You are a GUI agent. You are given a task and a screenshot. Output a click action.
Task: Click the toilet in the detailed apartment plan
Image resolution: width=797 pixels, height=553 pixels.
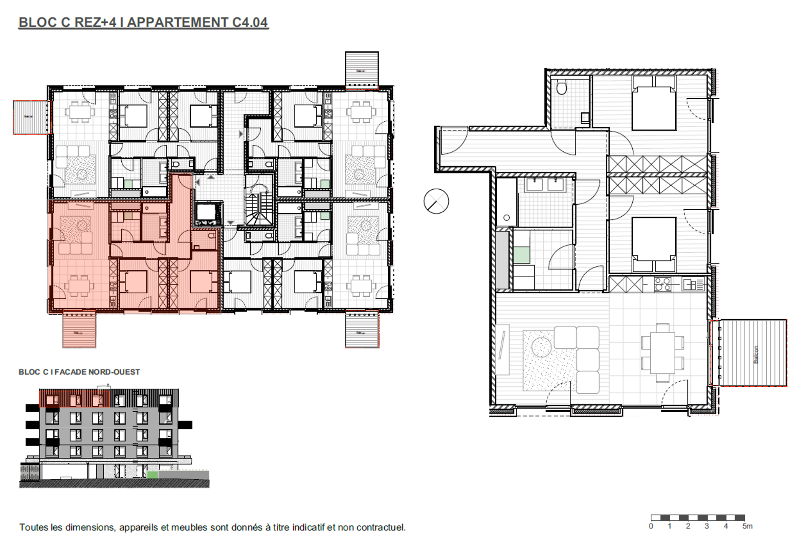tap(562, 88)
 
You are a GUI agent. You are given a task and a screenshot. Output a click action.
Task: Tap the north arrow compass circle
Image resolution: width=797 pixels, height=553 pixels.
tap(436, 201)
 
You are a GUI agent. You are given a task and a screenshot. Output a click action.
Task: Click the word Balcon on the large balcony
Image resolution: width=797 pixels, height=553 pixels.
tap(756, 354)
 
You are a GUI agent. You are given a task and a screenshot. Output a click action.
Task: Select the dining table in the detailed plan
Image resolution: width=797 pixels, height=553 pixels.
tap(662, 353)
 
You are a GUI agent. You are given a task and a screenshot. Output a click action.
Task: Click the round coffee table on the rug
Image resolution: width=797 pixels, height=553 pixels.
tap(541, 347)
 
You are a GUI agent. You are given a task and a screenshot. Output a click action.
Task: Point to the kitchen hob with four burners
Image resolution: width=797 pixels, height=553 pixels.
tap(662, 285)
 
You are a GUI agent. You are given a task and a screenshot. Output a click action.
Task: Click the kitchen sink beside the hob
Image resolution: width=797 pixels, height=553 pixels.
tap(693, 285)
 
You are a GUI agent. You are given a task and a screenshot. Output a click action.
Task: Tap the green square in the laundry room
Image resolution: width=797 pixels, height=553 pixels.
tap(522, 255)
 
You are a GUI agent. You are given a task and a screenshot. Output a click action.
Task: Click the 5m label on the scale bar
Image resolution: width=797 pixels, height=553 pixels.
tap(747, 526)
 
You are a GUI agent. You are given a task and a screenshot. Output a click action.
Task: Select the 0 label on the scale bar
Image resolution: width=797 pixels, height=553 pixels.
tap(651, 526)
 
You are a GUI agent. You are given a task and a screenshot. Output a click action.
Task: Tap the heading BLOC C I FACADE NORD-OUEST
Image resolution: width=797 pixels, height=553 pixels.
tap(79, 372)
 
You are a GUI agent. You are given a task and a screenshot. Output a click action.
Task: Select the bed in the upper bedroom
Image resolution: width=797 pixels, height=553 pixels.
tap(654, 104)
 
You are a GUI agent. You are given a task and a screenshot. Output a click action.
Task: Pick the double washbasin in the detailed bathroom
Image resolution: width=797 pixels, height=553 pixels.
tap(545, 185)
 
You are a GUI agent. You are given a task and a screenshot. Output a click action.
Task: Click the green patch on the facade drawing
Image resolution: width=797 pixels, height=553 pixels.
tap(152, 475)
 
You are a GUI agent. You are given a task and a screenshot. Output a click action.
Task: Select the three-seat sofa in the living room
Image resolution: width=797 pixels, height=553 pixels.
tap(587, 359)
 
